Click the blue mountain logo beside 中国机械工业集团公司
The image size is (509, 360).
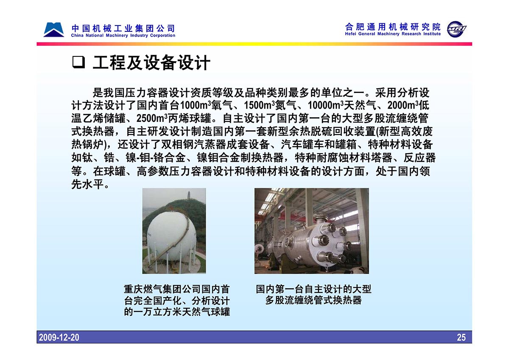coord(53,30)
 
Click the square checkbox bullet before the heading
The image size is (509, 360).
coord(78,62)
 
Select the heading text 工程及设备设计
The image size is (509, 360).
coord(151,62)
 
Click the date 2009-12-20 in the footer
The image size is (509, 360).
coord(59,337)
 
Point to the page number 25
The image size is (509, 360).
coord(461,337)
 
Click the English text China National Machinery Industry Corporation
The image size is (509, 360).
coord(123,36)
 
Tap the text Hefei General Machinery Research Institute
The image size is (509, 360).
coord(393,34)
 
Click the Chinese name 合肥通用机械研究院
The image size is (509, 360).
coord(393,27)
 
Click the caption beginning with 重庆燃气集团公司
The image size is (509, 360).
coord(177,301)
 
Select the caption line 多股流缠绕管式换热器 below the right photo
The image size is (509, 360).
coord(313,301)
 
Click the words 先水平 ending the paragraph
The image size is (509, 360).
coord(87,184)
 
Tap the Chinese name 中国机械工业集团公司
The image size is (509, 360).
coord(123,28)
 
